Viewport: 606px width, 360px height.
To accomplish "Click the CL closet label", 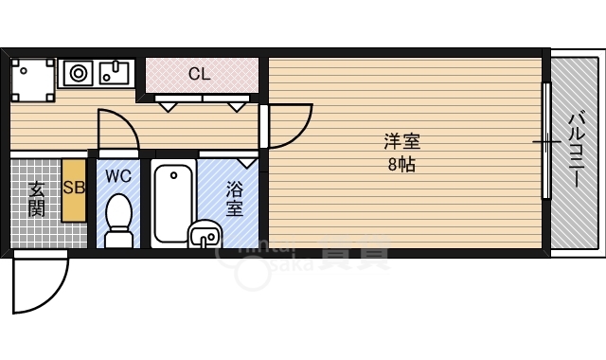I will (x=199, y=73).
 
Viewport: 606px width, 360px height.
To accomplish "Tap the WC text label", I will (x=118, y=176).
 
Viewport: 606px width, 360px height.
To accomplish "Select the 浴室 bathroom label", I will (x=234, y=198).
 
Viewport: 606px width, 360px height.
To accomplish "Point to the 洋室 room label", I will (x=401, y=143).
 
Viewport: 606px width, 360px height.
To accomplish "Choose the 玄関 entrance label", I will (x=35, y=199).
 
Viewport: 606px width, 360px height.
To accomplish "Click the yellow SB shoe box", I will (x=74, y=189).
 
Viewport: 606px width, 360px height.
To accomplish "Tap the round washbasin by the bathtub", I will (x=205, y=233).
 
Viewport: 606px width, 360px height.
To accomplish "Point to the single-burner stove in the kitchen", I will (x=77, y=72).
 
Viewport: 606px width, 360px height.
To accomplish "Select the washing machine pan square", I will (x=33, y=79).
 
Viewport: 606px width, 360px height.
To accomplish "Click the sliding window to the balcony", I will (x=545, y=142).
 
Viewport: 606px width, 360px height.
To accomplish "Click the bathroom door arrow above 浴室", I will (x=248, y=162).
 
